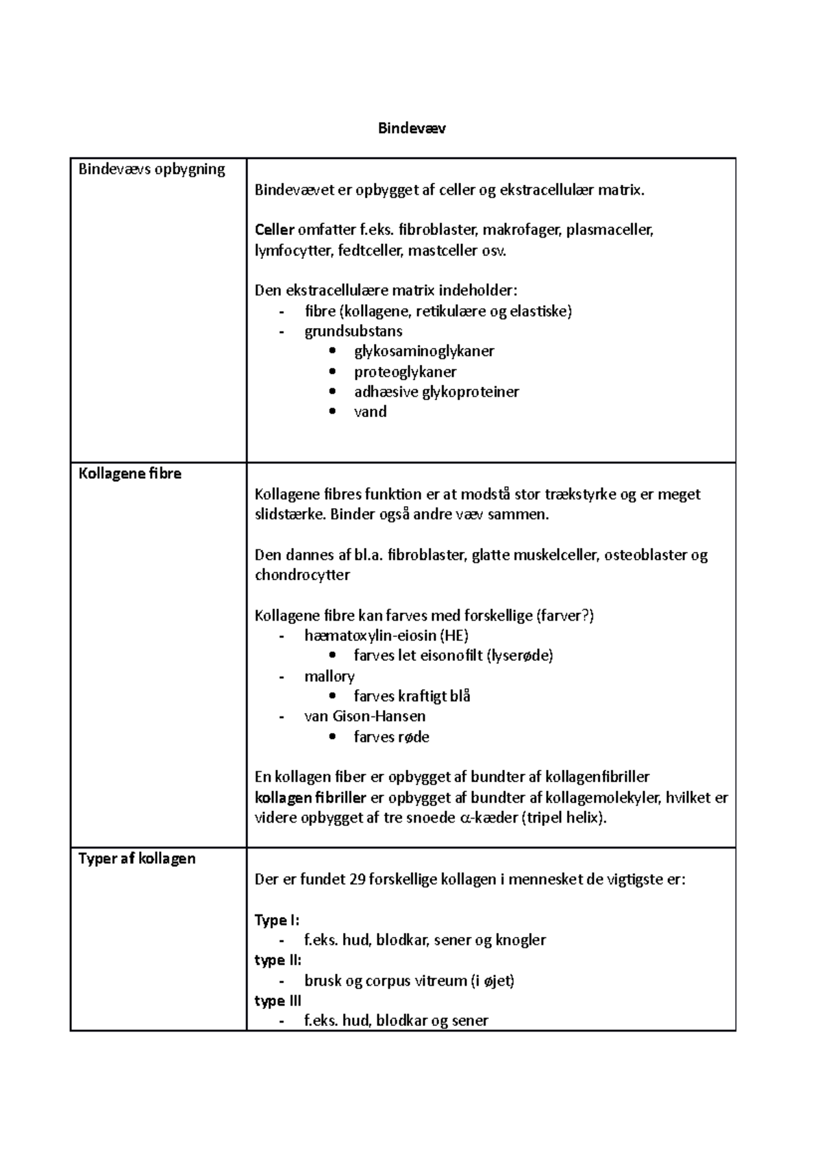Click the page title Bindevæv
pyautogui.click(x=412, y=128)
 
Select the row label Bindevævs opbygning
pyautogui.click(x=151, y=169)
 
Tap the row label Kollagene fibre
pyautogui.click(x=129, y=473)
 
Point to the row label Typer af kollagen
pyautogui.click(x=137, y=858)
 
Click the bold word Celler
pyautogui.click(x=274, y=230)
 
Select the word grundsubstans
pyautogui.click(x=353, y=332)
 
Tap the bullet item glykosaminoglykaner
pyautogui.click(x=423, y=351)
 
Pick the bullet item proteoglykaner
pyautogui.click(x=405, y=372)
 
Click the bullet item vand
pyautogui.click(x=370, y=412)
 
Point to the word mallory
pyautogui.click(x=329, y=676)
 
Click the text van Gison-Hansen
pyautogui.click(x=364, y=716)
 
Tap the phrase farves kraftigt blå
pyautogui.click(x=412, y=697)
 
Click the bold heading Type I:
pyautogui.click(x=277, y=920)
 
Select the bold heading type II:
pyautogui.click(x=277, y=960)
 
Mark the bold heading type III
pyautogui.click(x=277, y=1001)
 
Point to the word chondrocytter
pyautogui.click(x=302, y=575)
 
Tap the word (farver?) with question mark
pyautogui.click(x=565, y=616)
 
